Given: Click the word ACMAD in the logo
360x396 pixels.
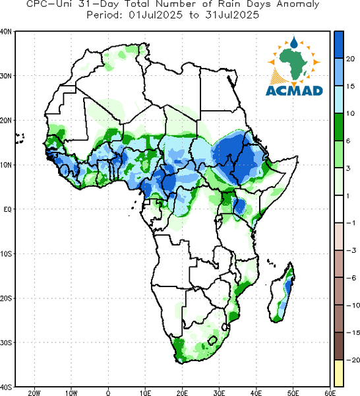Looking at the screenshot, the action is pyautogui.click(x=294, y=91).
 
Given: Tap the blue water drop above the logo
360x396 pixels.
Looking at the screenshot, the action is pyautogui.click(x=293, y=42).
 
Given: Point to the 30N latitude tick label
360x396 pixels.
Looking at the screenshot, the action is pyautogui.click(x=6, y=76).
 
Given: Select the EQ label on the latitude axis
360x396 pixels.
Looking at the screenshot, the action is pyautogui.click(x=7, y=209).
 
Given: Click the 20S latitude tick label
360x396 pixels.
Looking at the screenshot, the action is pyautogui.click(x=6, y=298).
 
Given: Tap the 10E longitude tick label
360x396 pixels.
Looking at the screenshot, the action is pyautogui.click(x=145, y=393).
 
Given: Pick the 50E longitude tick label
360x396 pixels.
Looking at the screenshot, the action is pyautogui.click(x=293, y=393).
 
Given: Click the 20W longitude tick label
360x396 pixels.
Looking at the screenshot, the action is pyautogui.click(x=34, y=393).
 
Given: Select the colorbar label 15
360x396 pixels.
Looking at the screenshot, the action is pyautogui.click(x=350, y=86).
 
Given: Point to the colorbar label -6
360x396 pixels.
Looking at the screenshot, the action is pyautogui.click(x=351, y=278).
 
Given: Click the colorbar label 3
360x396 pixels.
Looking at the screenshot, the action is pyautogui.click(x=348, y=168).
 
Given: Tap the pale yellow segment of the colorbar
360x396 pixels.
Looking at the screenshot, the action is pyautogui.click(x=338, y=373).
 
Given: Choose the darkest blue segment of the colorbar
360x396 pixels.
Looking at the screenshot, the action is pyautogui.click(x=338, y=45).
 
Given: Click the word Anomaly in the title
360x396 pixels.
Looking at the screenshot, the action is pyautogui.click(x=297, y=5).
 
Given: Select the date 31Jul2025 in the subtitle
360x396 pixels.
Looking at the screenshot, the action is pyautogui.click(x=232, y=15).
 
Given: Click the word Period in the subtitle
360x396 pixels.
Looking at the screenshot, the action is pyautogui.click(x=105, y=15).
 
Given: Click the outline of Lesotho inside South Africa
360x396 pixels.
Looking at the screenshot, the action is pyautogui.click(x=212, y=341).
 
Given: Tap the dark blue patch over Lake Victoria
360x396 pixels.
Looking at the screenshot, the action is pyautogui.click(x=239, y=206).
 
